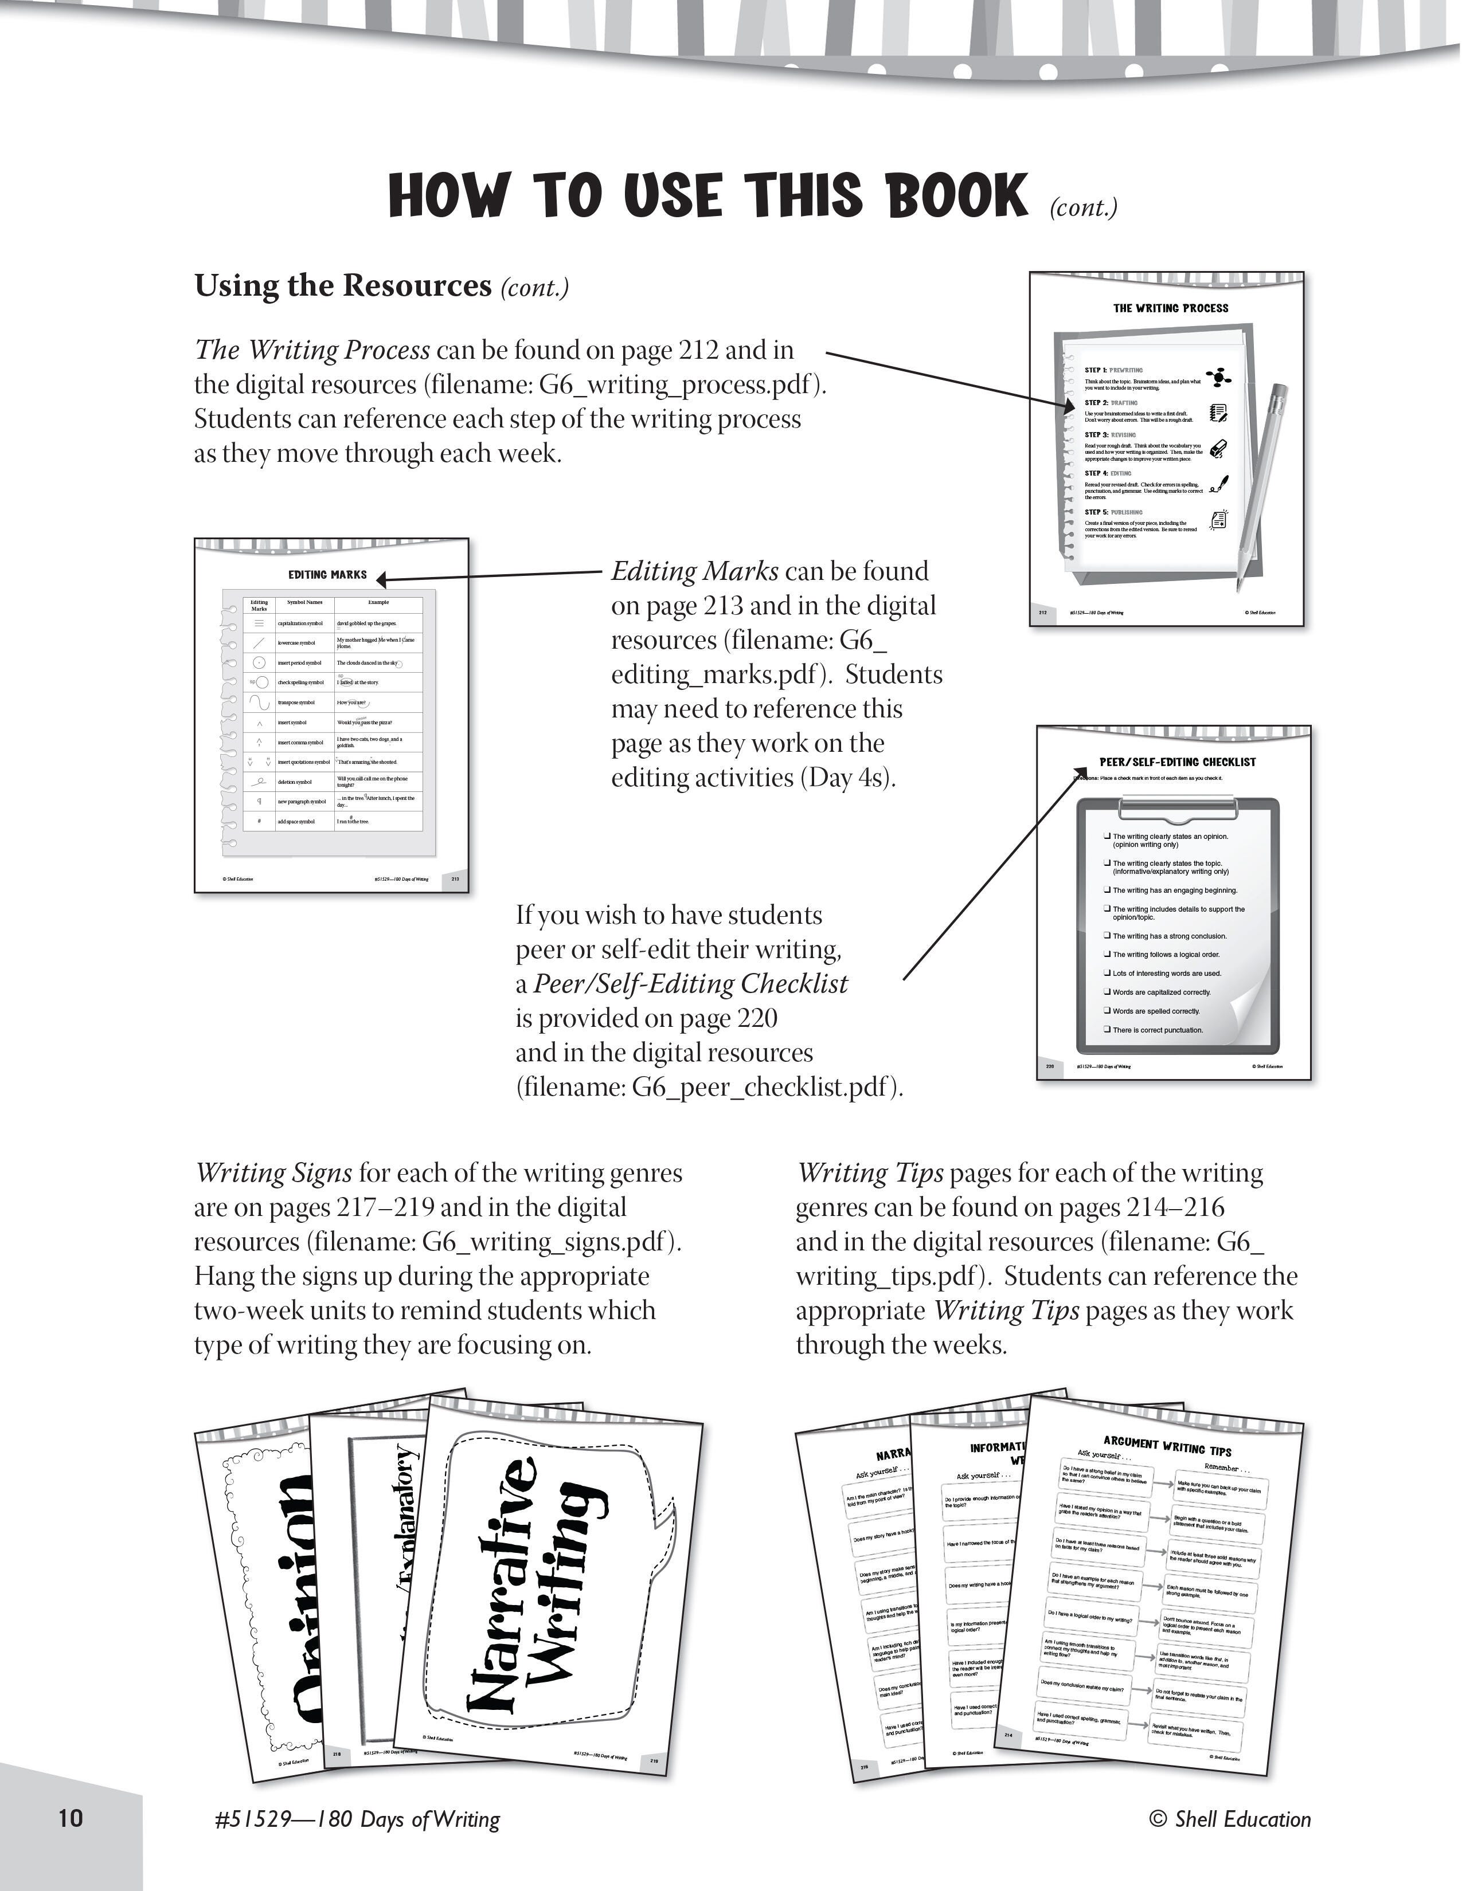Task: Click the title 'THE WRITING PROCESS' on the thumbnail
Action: tap(1170, 307)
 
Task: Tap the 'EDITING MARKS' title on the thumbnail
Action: tap(327, 574)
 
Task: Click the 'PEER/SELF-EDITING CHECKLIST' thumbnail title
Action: tap(1177, 762)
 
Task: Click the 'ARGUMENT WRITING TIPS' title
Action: tap(1167, 1445)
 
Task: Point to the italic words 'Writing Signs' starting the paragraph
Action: tap(273, 1173)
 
